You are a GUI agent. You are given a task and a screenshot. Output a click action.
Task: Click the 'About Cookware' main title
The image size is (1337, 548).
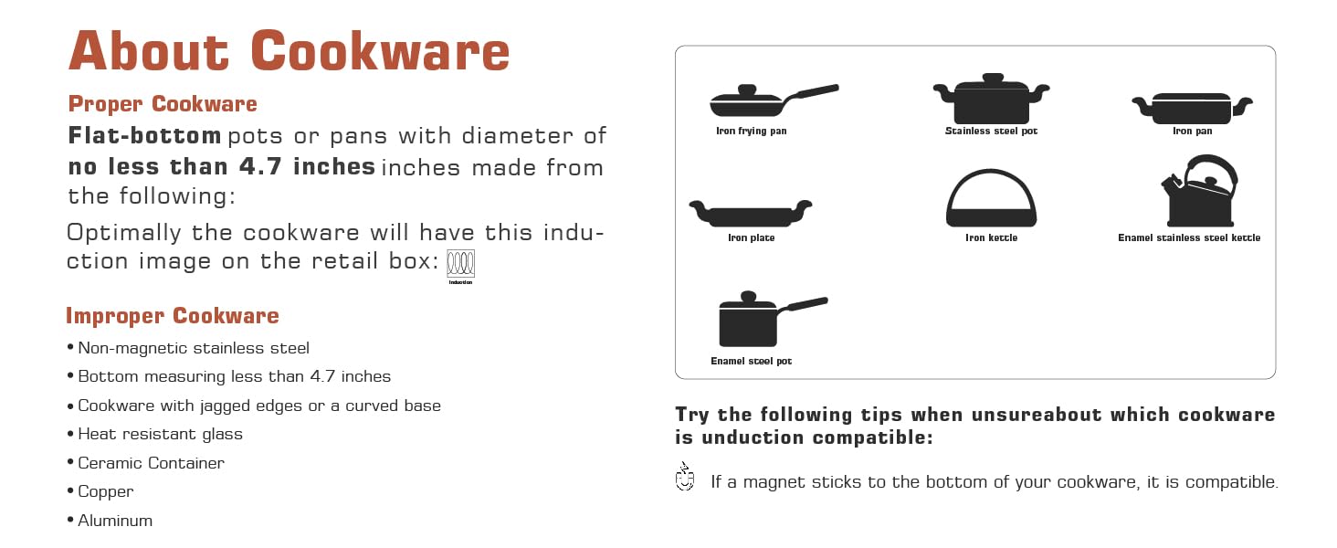[x=289, y=51]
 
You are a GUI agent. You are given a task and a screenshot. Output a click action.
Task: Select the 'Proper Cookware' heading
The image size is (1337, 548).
[x=163, y=104]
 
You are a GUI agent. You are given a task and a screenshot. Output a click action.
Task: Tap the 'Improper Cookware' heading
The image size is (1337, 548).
[x=173, y=316]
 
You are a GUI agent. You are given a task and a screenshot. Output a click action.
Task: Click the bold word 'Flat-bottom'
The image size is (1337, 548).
[x=144, y=135]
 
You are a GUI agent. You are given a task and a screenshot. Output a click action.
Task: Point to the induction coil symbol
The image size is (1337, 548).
[x=461, y=263]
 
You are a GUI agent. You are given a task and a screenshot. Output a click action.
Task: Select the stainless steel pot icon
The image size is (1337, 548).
[x=992, y=99]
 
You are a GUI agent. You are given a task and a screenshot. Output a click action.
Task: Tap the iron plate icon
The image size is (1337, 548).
[x=751, y=214]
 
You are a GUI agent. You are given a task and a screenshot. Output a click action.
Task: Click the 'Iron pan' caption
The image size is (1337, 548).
[x=1193, y=132]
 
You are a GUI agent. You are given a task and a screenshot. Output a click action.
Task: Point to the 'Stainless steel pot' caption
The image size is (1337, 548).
[x=992, y=132]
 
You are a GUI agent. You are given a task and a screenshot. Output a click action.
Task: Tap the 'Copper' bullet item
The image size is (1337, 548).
[x=106, y=491]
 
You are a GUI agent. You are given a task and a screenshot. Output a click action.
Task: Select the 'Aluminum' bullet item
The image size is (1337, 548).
[x=115, y=521]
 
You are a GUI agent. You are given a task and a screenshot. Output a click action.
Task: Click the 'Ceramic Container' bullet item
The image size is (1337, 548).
[x=151, y=463]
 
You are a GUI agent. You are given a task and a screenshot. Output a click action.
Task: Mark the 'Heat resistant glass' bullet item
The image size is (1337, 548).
[x=160, y=434]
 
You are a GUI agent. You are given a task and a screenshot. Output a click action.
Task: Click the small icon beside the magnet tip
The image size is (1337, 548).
[x=685, y=477]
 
